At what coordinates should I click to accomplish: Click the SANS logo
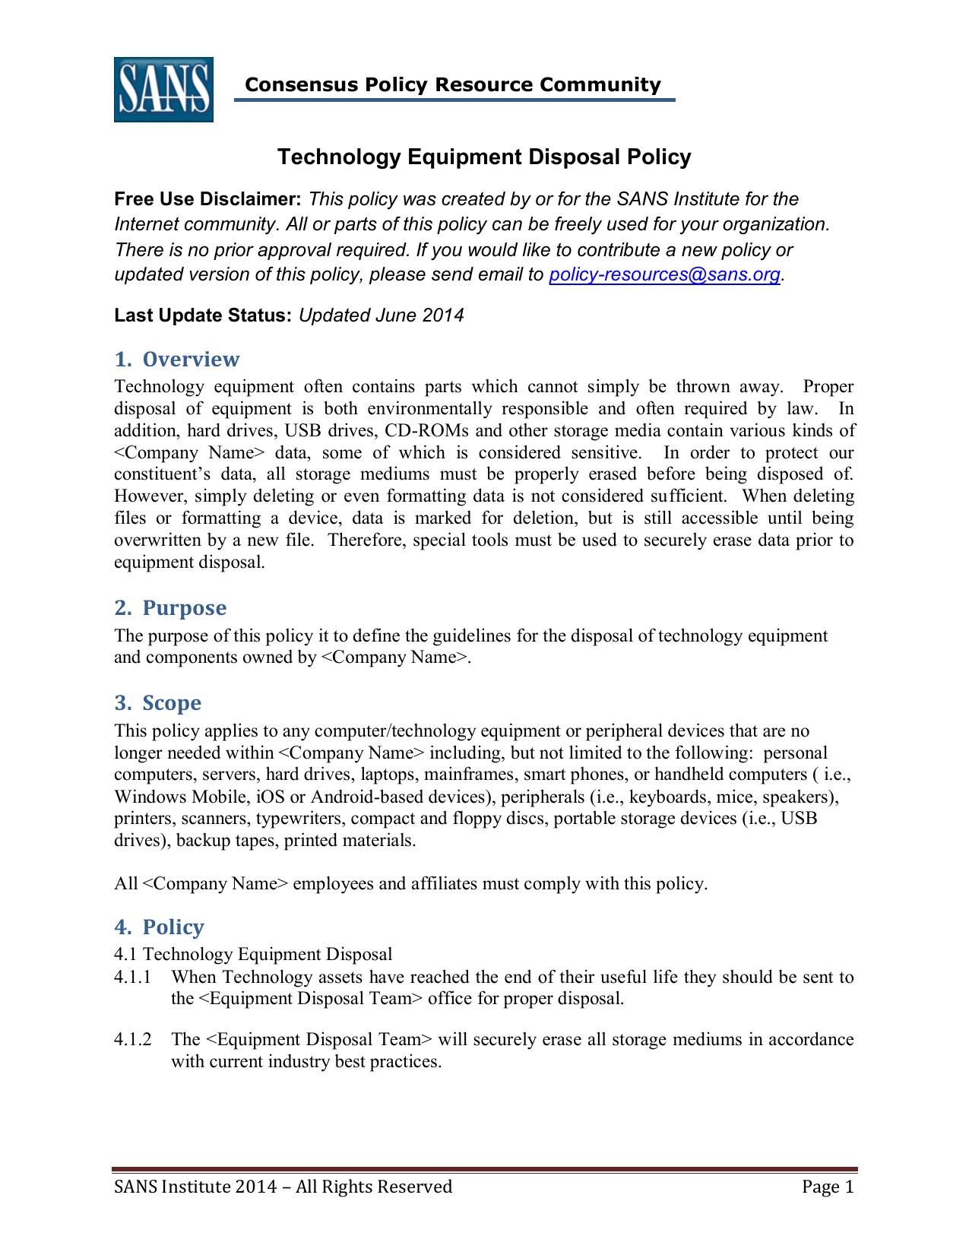[163, 90]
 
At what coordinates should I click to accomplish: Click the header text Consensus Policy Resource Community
[453, 84]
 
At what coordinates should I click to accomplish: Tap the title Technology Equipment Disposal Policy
[484, 157]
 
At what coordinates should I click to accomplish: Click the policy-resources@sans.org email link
[664, 274]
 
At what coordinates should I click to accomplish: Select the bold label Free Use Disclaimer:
[208, 199]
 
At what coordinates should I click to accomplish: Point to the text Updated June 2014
[381, 315]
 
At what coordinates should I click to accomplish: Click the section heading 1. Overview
[176, 359]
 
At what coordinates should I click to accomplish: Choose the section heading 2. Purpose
[170, 607]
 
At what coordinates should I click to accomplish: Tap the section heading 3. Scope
[157, 702]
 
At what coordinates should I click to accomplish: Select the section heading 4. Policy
[159, 927]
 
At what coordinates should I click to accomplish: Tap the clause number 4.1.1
[133, 977]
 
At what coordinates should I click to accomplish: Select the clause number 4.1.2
[133, 1039]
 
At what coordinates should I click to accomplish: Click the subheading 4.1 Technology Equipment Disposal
[253, 954]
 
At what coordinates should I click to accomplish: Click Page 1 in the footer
[828, 1187]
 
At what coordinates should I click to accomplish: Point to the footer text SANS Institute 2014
[195, 1187]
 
